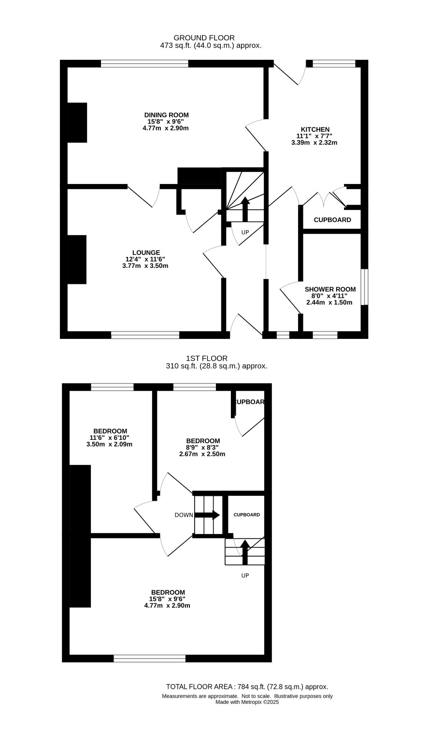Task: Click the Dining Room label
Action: tap(167, 115)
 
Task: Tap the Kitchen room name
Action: tap(315, 129)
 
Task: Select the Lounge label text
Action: tap(146, 252)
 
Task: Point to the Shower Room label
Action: tap(330, 289)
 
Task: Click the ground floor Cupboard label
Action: tap(332, 220)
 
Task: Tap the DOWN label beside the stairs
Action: tap(184, 515)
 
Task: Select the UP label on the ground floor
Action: tap(245, 232)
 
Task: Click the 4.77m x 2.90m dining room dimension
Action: tap(166, 128)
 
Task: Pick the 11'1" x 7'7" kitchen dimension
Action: tap(314, 136)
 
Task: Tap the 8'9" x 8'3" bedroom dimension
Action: tap(202, 448)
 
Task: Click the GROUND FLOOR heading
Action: tap(204, 38)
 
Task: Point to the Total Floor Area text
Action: tap(247, 687)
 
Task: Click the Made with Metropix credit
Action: tap(247, 702)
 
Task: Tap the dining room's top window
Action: tap(144, 63)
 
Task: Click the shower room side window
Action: tap(365, 287)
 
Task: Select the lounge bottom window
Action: tap(145, 335)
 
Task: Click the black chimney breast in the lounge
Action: tap(77, 259)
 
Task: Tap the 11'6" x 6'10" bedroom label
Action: tap(110, 438)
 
